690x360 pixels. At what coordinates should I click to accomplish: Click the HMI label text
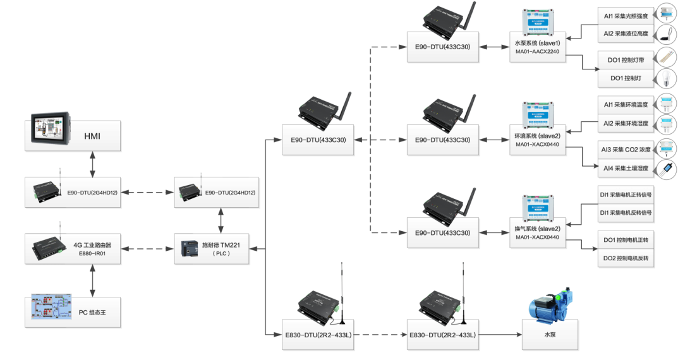(92, 136)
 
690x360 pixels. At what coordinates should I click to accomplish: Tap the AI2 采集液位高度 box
(626, 33)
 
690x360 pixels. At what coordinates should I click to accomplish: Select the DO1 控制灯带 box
(626, 61)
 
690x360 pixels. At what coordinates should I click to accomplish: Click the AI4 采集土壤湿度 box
(626, 168)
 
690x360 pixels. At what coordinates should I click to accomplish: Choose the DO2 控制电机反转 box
(626, 259)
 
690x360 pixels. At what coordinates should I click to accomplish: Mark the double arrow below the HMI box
(94, 164)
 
